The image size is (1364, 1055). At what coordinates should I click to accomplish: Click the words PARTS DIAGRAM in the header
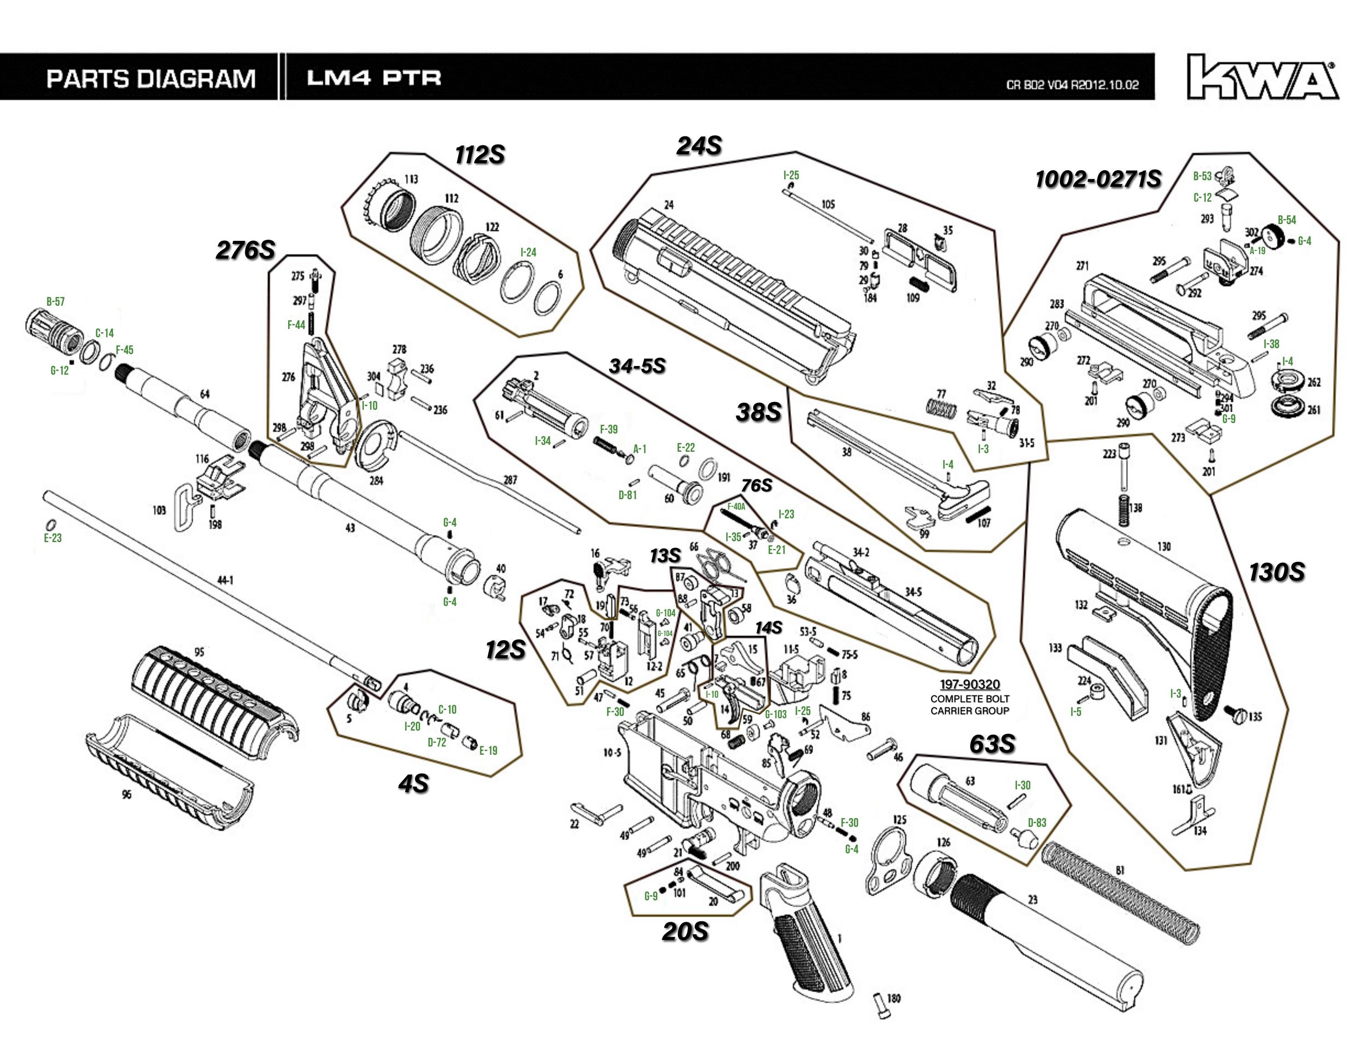[x=151, y=79]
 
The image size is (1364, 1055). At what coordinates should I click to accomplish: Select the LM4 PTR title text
[x=373, y=78]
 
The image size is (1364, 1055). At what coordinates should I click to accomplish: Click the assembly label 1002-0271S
[x=1098, y=180]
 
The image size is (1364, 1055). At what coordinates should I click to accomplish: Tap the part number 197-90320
[x=969, y=685]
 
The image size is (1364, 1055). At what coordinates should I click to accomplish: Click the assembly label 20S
[x=685, y=931]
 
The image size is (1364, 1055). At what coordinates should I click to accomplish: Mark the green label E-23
[x=53, y=538]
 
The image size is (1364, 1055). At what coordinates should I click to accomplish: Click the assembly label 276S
[x=245, y=251]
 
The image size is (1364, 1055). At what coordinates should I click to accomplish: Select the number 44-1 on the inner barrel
[x=226, y=580]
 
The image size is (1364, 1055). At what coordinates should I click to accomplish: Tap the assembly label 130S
[x=1276, y=572]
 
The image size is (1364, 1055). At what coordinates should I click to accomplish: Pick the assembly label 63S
[x=992, y=744]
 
